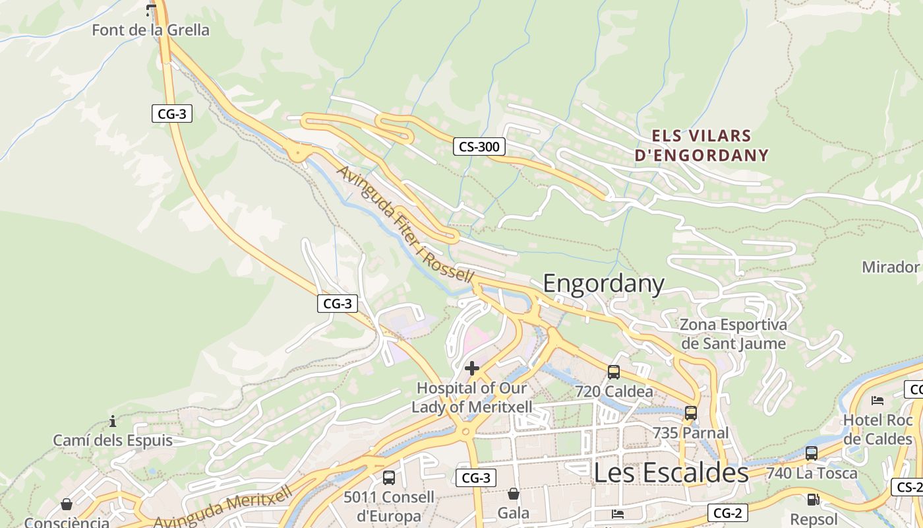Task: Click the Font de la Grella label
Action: pos(150,30)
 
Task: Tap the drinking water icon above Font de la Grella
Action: pos(151,9)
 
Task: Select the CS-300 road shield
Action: pos(479,147)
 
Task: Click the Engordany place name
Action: pos(603,283)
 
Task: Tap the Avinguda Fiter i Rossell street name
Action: pos(405,224)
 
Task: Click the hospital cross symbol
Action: pos(472,368)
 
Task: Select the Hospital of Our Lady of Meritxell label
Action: pos(472,397)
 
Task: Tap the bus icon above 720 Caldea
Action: pos(614,372)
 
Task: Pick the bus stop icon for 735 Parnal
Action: pos(691,413)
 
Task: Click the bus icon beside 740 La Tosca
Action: pos(812,453)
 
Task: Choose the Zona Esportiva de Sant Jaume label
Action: pos(733,334)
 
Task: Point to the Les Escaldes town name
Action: pos(671,473)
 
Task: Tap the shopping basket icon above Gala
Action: pos(514,493)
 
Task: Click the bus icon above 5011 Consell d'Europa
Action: pos(389,477)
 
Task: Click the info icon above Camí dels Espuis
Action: pos(113,421)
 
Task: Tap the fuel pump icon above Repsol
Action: pos(813,500)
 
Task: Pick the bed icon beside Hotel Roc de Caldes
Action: pos(878,400)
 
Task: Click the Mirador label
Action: pos(890,267)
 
